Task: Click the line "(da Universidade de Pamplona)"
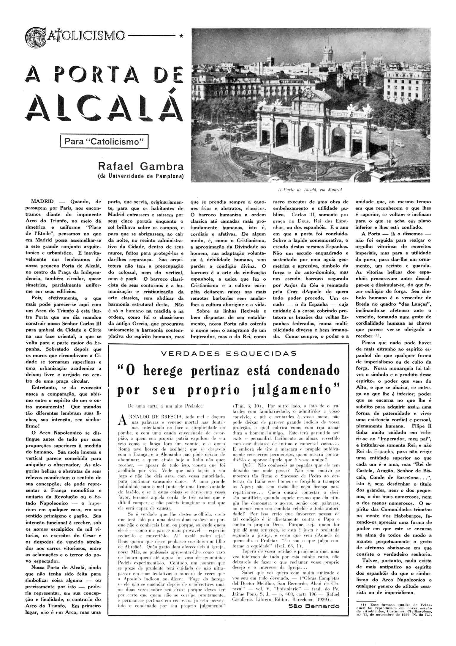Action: [141, 176]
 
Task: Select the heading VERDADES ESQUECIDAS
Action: [228, 353]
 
